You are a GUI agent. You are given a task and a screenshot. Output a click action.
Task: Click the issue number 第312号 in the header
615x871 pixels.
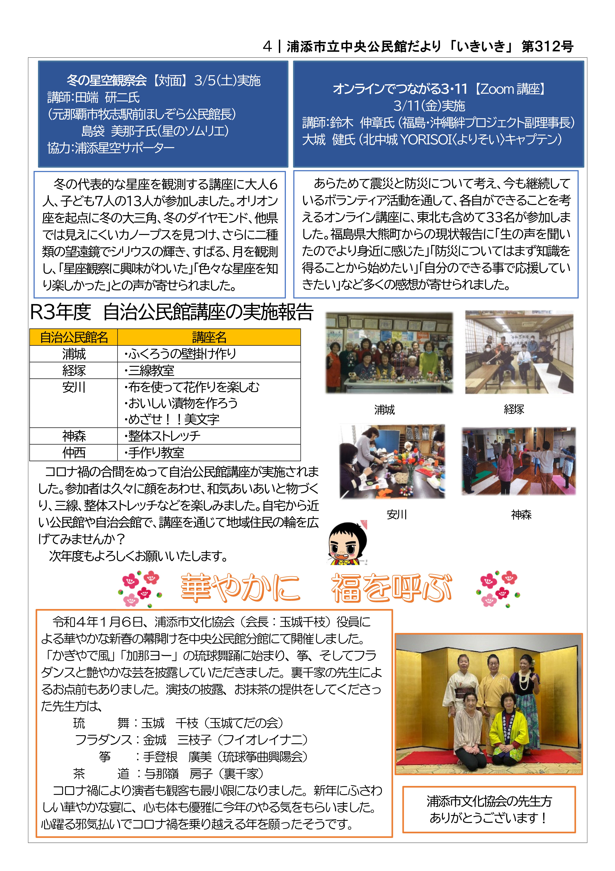point(547,47)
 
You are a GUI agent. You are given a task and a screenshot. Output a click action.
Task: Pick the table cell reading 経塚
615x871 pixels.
point(74,370)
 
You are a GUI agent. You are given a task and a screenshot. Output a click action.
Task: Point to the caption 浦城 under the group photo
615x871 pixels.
point(385,410)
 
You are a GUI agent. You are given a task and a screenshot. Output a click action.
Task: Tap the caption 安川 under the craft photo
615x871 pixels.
point(397,515)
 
